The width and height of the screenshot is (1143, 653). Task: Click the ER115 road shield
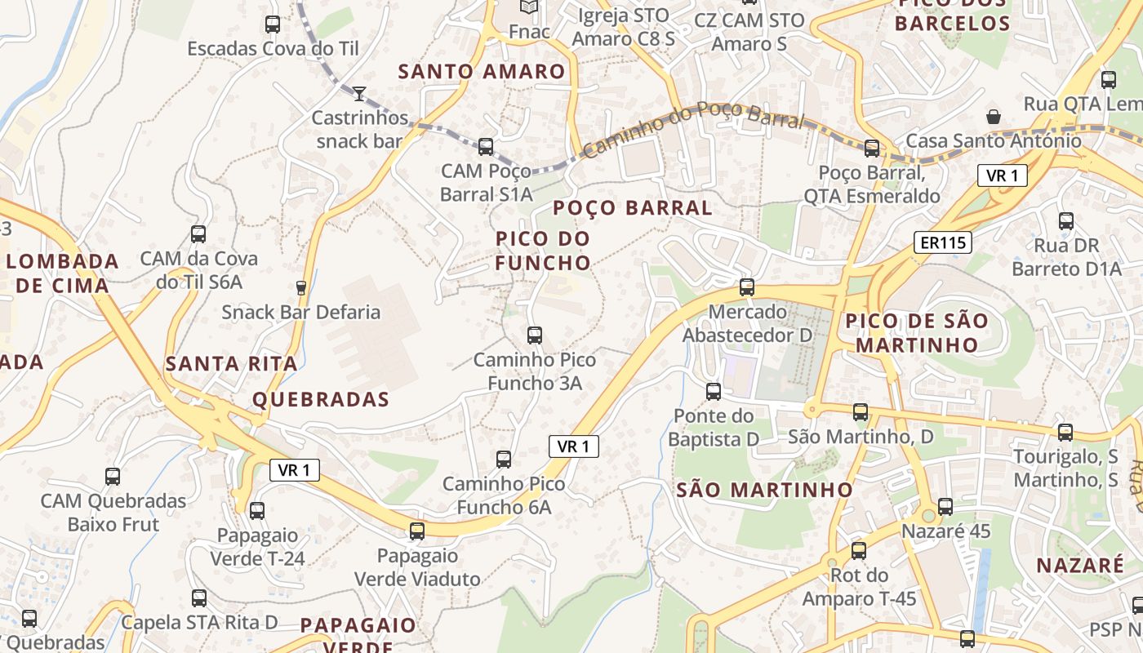(x=942, y=242)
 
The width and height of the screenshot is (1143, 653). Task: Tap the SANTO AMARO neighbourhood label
(x=482, y=72)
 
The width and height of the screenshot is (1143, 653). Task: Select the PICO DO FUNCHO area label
(x=543, y=251)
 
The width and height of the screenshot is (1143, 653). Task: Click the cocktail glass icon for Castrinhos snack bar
(x=359, y=93)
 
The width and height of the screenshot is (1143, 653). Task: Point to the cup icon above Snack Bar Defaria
(x=300, y=287)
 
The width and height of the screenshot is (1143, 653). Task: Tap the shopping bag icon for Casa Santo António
(x=994, y=117)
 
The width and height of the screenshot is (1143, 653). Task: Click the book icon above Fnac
(x=529, y=7)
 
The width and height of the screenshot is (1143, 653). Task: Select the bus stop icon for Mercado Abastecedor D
(x=747, y=287)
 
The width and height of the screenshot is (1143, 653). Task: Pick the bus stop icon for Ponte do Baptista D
(x=714, y=392)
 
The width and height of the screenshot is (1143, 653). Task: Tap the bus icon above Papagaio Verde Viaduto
(x=417, y=531)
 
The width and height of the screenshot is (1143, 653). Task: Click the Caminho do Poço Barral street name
(x=693, y=127)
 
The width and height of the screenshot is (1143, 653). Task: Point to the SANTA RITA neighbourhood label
(x=232, y=364)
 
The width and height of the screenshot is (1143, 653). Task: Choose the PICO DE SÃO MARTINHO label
(x=916, y=332)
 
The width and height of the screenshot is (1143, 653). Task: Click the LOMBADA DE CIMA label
(x=63, y=273)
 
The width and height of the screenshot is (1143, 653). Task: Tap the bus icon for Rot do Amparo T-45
(x=858, y=551)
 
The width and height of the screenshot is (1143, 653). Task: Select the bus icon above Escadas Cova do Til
(x=273, y=24)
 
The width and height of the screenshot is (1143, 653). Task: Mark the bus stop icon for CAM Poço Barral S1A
(x=486, y=147)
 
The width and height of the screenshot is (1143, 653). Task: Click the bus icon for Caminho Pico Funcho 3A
(x=535, y=335)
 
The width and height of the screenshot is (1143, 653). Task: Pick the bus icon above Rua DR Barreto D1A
(x=1065, y=221)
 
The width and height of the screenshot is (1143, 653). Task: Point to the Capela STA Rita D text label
(x=200, y=622)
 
